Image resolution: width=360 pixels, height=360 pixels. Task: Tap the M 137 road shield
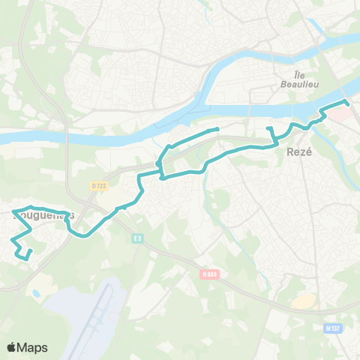332,328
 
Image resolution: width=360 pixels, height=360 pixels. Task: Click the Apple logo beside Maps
12,347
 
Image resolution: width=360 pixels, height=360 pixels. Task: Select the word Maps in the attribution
32,347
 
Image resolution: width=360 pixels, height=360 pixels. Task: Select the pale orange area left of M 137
304,301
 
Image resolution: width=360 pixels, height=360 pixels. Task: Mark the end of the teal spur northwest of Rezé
268,128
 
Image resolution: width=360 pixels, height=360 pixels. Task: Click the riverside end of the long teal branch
217,130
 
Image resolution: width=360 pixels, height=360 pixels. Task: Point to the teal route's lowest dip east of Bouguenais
85,235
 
